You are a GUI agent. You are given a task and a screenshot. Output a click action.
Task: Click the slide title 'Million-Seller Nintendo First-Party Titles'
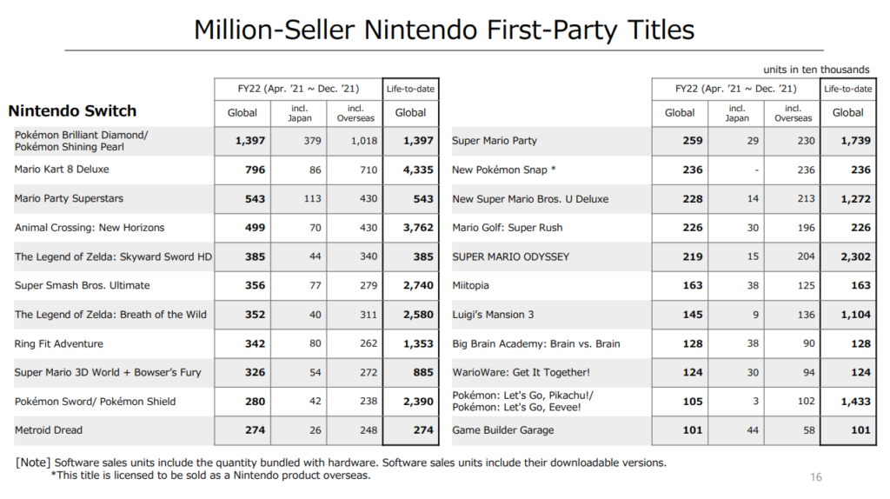tap(444, 30)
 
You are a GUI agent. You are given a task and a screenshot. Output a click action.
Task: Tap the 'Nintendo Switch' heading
tap(72, 111)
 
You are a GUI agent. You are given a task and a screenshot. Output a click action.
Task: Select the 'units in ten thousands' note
tap(816, 70)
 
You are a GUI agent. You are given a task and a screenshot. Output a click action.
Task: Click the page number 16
tap(815, 476)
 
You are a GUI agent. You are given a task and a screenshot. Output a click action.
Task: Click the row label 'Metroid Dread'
tap(50, 430)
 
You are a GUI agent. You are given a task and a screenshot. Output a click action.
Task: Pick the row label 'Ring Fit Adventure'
tap(58, 343)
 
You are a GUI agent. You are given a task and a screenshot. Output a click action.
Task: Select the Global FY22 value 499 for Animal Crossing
tap(255, 228)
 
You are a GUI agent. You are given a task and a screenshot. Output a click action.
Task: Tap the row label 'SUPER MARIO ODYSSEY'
tap(511, 256)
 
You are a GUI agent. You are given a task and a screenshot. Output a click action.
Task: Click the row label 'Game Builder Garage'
tap(503, 430)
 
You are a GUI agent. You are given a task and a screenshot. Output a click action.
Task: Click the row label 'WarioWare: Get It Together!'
tap(521, 372)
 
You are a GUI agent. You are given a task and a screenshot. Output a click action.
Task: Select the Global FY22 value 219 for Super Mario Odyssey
tap(693, 256)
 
